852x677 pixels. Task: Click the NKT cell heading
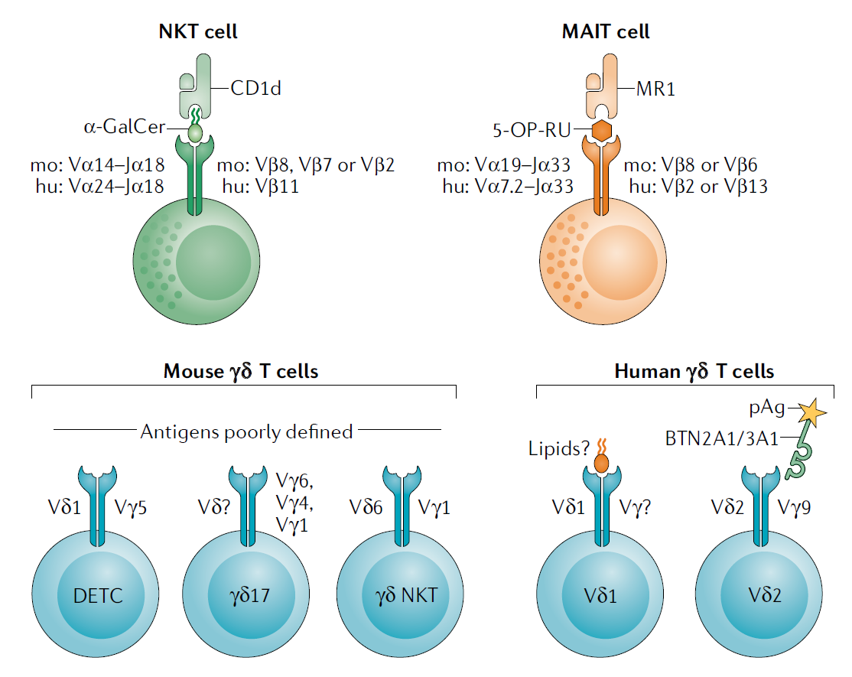[197, 32]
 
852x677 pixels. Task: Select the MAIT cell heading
[606, 32]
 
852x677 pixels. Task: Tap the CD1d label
[256, 89]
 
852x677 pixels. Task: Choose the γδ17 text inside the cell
[249, 594]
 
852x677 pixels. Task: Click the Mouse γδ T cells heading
[241, 372]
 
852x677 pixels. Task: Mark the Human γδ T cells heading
[694, 372]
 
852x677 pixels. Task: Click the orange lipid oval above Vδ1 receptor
[602, 463]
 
